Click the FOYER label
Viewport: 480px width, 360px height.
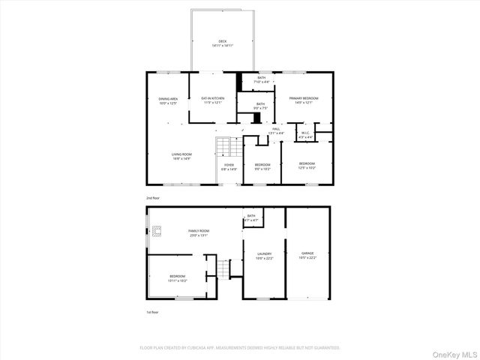(x=229, y=166)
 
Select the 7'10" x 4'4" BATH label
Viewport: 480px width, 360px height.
(x=261, y=79)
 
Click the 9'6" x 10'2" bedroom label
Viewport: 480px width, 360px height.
(x=262, y=166)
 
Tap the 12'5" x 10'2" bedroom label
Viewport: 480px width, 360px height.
(x=307, y=165)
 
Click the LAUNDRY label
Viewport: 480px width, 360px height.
(x=264, y=256)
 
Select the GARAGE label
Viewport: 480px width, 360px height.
(x=307, y=255)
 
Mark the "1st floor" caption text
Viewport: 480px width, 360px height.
(x=152, y=312)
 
